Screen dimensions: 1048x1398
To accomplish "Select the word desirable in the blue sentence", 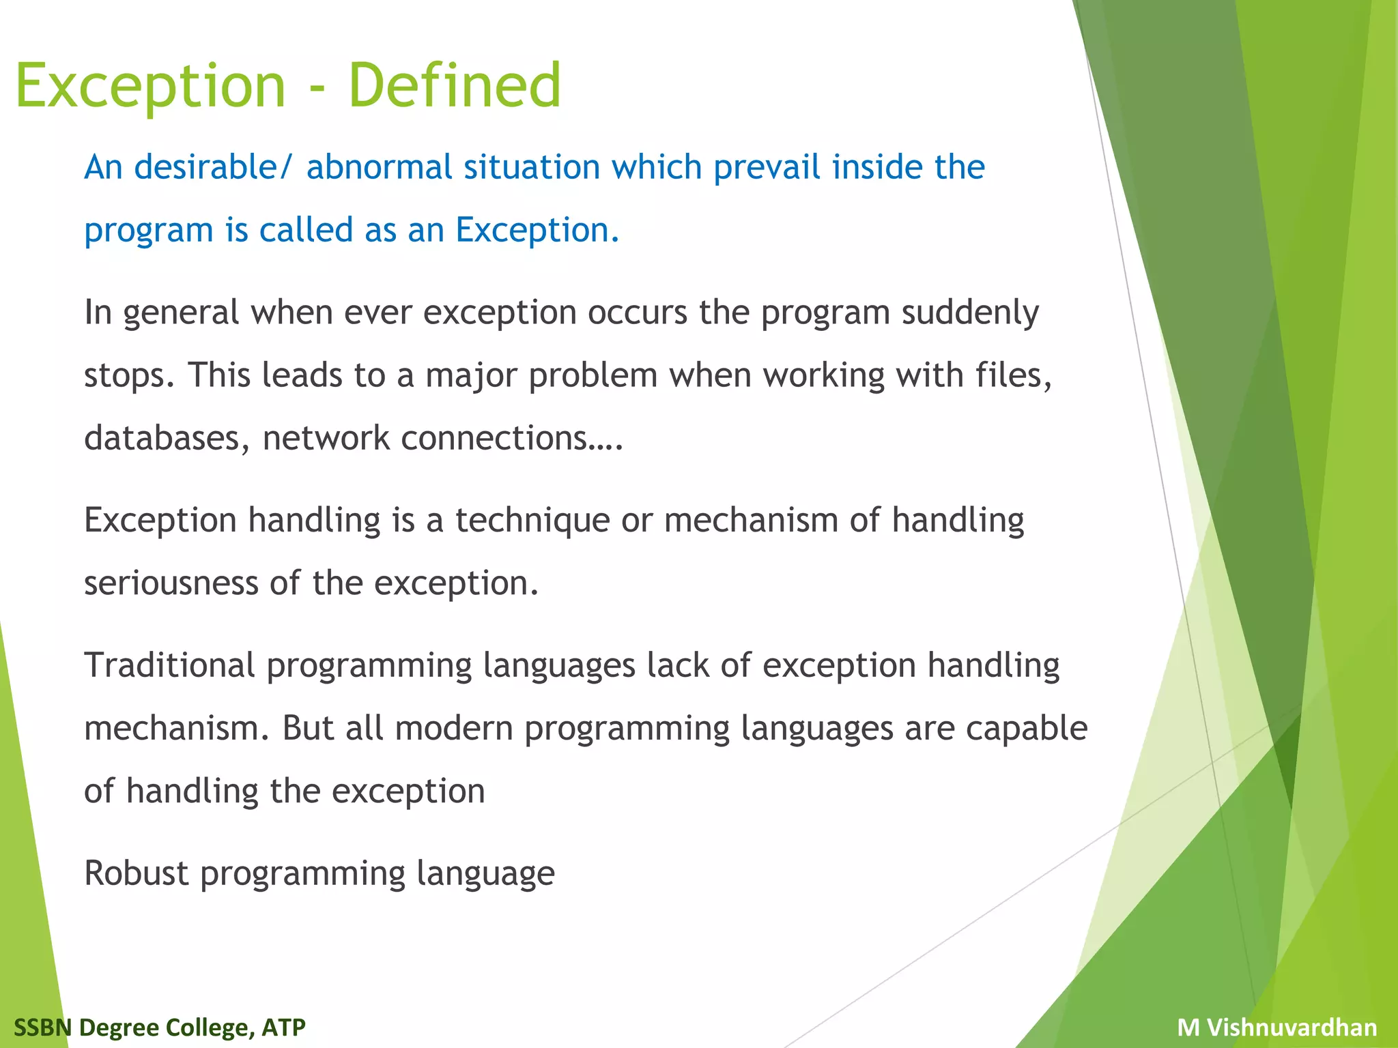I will pyautogui.click(x=207, y=167).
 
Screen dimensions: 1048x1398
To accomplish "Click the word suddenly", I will pyautogui.click(x=969, y=312).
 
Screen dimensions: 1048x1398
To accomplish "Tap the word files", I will pyautogui.click(x=1013, y=375).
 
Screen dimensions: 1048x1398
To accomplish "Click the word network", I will pyautogui.click(x=326, y=438).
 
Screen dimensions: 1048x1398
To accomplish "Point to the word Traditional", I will pyautogui.click(x=169, y=665).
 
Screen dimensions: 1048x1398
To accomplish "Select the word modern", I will pyautogui.click(x=453, y=728).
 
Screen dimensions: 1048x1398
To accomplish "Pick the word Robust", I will pyautogui.click(x=136, y=873).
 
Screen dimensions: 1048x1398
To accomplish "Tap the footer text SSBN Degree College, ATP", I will pyautogui.click(x=160, y=1027).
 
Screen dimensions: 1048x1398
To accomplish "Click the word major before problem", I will pyautogui.click(x=471, y=376).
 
